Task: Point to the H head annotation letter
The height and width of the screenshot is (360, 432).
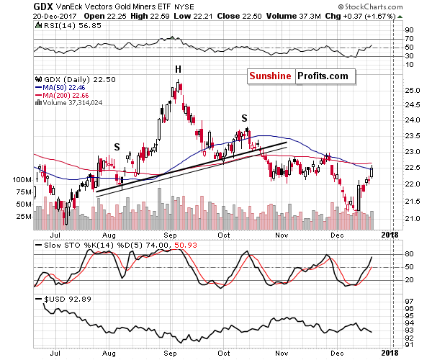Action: click(177, 69)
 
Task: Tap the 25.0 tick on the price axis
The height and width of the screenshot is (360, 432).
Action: click(409, 91)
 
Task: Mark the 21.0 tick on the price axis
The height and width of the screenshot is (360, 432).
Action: click(409, 218)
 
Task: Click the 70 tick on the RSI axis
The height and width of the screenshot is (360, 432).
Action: click(408, 40)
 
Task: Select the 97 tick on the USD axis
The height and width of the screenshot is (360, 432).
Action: click(408, 301)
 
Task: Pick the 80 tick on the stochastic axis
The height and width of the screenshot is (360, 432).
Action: click(408, 254)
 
